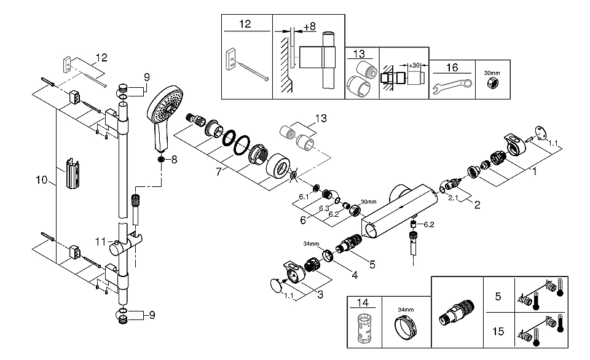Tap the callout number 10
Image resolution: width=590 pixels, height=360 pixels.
pos(42,180)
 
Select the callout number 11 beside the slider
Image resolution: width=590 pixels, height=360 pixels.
pos(100,241)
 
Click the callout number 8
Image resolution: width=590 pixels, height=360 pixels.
pos(174,160)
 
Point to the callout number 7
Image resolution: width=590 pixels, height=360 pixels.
pos(219,172)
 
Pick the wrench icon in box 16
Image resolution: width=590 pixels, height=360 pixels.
pos(452,87)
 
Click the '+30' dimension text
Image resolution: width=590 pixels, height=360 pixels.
pos(414,66)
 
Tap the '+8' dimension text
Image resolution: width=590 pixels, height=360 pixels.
pos(309,26)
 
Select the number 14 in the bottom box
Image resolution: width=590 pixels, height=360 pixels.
pos(363,302)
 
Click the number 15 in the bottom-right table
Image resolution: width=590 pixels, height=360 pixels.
pos(498,331)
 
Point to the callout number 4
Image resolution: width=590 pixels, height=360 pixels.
pos(355,275)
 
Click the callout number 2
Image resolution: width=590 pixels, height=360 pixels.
pos(477,205)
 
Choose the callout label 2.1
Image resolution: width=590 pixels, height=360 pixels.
pos(453,197)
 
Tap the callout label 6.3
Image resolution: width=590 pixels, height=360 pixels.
pos(324,208)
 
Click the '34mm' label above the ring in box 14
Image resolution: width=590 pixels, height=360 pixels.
pos(406,310)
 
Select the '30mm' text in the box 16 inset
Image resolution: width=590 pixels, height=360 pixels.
pos(492,73)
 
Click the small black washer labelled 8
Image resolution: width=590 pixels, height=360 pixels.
pos(162,159)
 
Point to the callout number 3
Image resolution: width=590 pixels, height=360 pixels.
pos(320,294)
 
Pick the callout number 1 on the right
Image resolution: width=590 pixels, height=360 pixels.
pos(534,171)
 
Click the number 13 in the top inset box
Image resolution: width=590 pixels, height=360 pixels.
pos(359,54)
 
